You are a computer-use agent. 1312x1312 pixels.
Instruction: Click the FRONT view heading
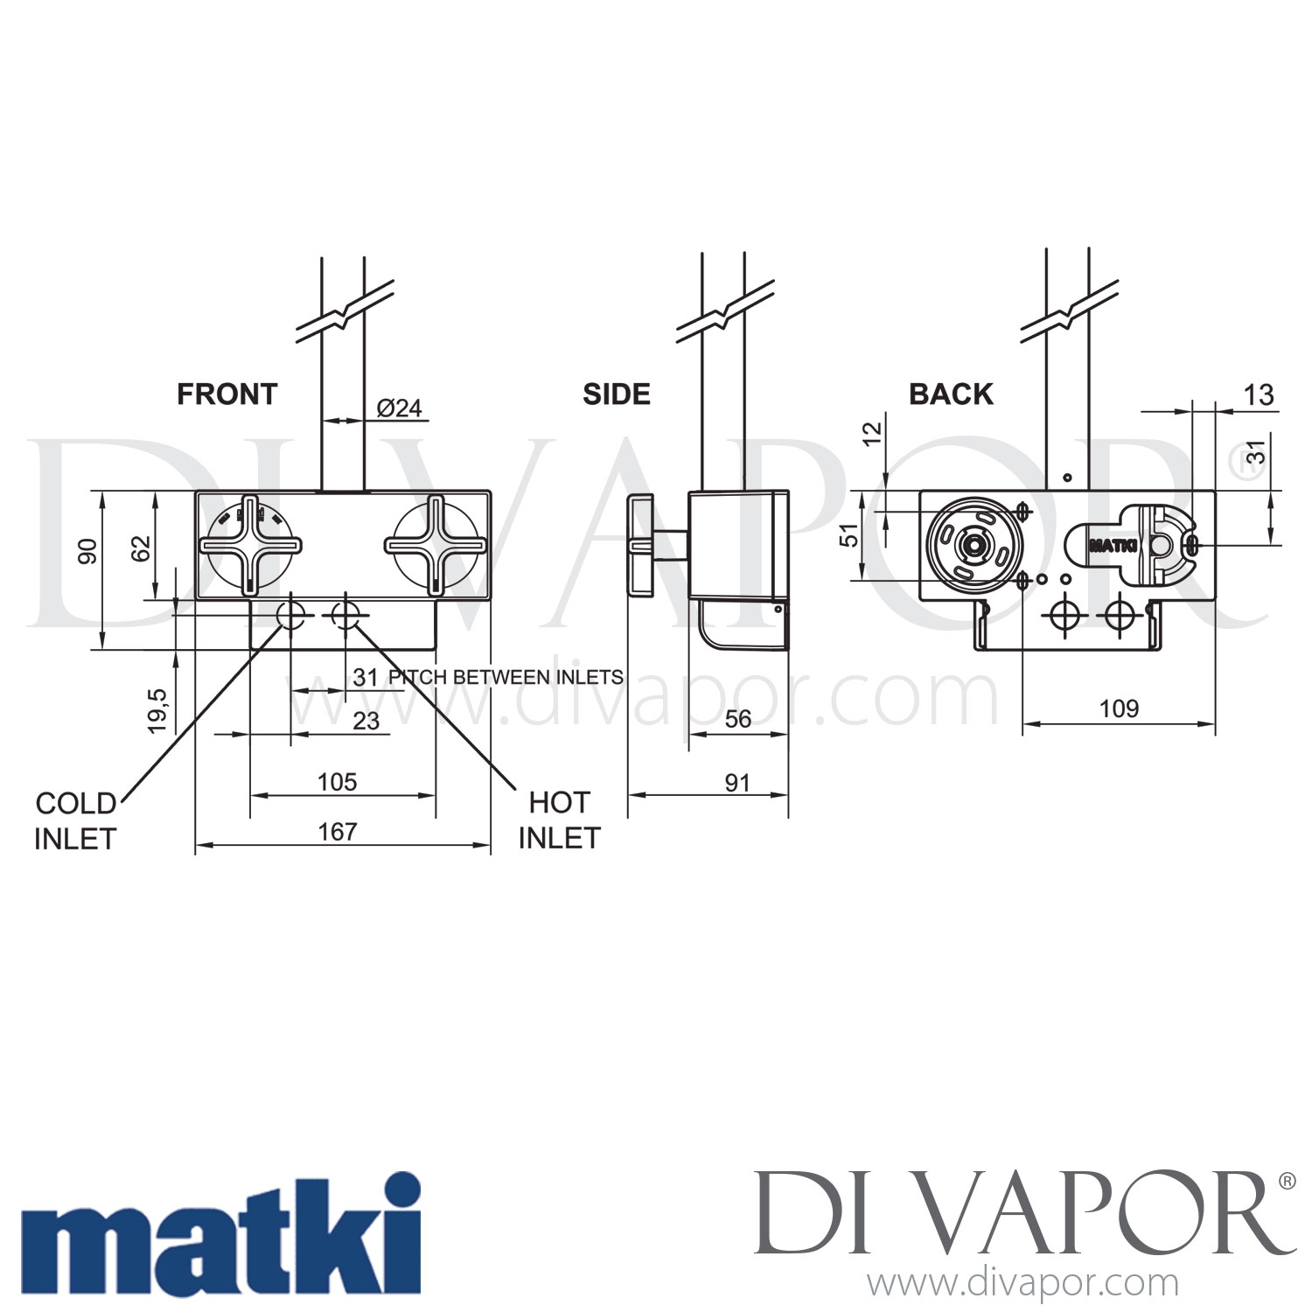pyautogui.click(x=227, y=394)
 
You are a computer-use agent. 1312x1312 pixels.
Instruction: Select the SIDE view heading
pyautogui.click(x=617, y=394)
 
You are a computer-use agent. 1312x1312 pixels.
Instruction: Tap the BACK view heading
pyautogui.click(x=951, y=394)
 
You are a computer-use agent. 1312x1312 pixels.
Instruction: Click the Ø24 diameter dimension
pyautogui.click(x=399, y=408)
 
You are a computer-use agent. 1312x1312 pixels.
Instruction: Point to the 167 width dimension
pyautogui.click(x=338, y=831)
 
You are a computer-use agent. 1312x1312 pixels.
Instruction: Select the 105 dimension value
pyautogui.click(x=338, y=781)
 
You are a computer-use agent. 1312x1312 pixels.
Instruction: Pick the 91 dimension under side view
pyautogui.click(x=737, y=782)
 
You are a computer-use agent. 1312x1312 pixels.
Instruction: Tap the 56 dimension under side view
pyautogui.click(x=737, y=718)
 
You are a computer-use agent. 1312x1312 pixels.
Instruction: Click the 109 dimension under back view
pyautogui.click(x=1119, y=708)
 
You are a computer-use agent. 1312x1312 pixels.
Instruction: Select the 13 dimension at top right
pyautogui.click(x=1258, y=395)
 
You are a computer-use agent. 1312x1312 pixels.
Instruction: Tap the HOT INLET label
pyautogui.click(x=559, y=820)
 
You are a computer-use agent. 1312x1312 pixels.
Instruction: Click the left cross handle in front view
pyautogui.click(x=251, y=545)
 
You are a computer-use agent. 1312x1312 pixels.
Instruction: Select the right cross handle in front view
pyautogui.click(x=436, y=545)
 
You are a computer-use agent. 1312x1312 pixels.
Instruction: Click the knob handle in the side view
pyautogui.click(x=640, y=545)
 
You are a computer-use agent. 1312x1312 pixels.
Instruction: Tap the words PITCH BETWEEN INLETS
pyautogui.click(x=505, y=677)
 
